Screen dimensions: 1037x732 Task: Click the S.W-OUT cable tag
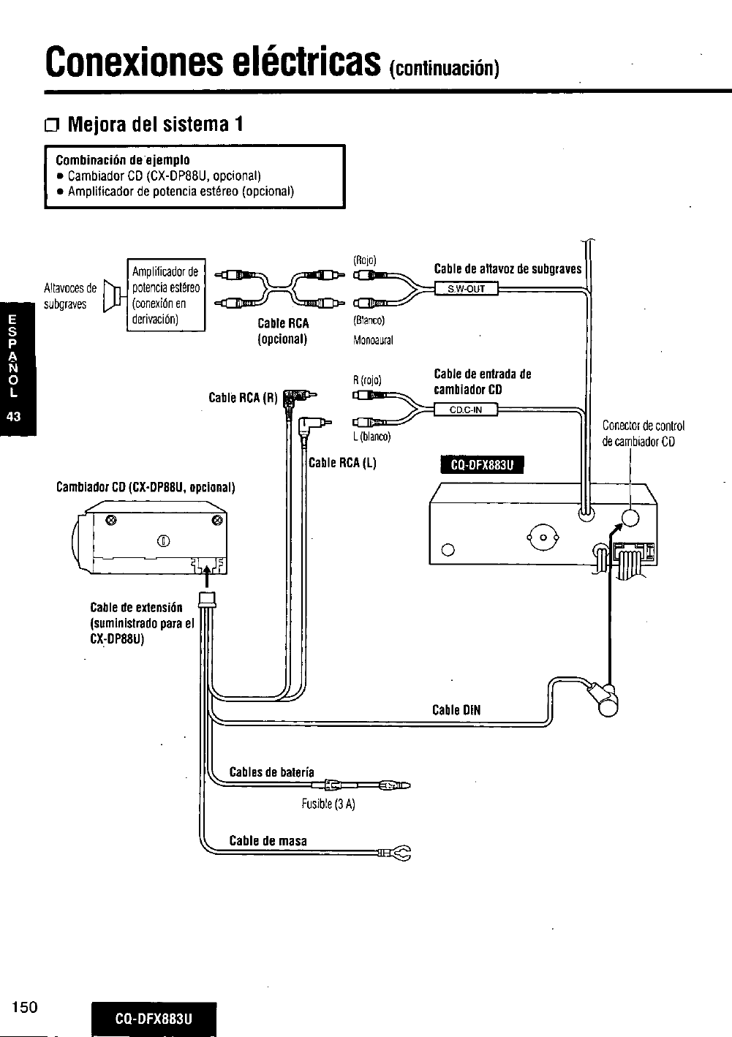(467, 289)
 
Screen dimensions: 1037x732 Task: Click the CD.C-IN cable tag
(466, 410)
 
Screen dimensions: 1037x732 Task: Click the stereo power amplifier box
(165, 295)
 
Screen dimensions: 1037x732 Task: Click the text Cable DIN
(456, 710)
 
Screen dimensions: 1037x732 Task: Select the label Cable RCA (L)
(342, 463)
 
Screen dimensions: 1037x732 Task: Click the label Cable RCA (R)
(242, 399)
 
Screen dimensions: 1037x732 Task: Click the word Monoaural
(373, 340)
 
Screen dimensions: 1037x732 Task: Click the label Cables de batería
(271, 772)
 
